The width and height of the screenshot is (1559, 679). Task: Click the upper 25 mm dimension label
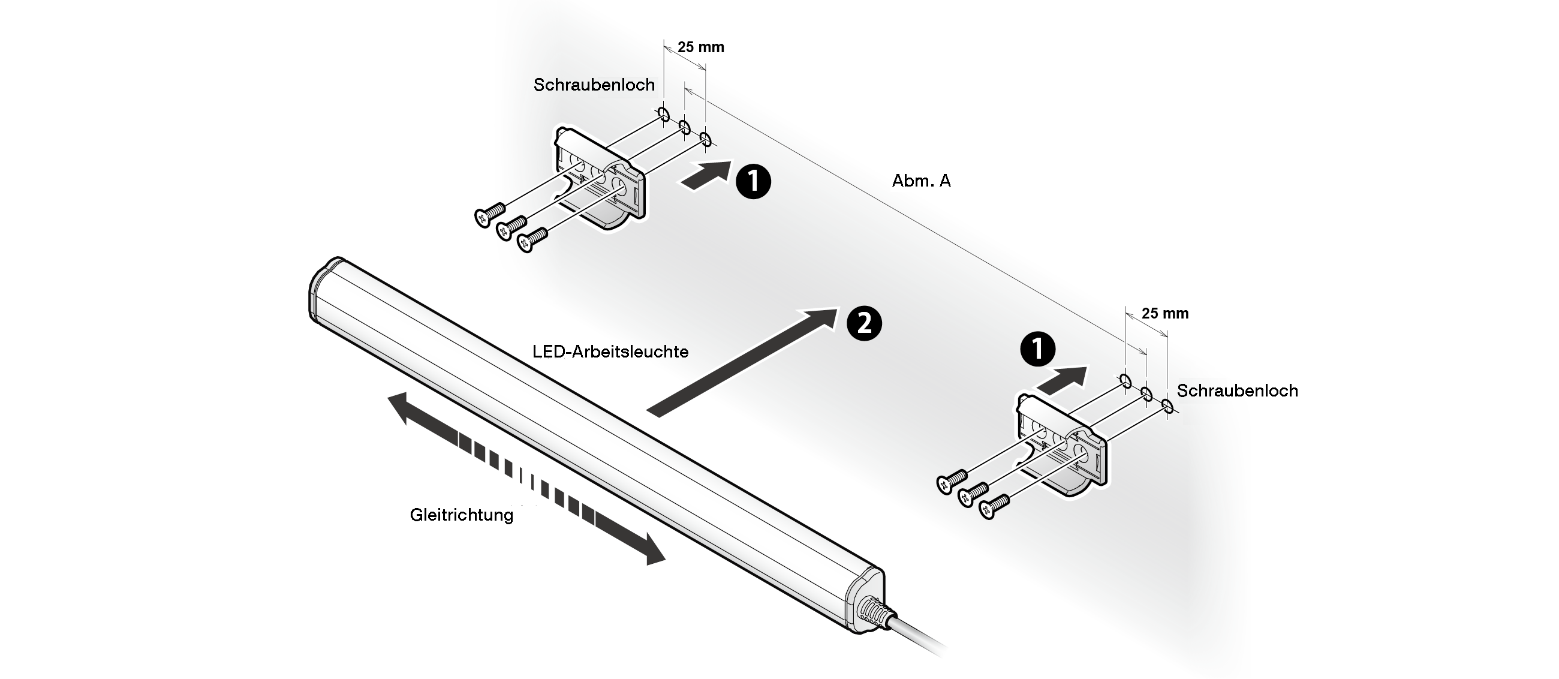point(700,47)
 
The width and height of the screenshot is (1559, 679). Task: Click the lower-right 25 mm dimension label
point(1164,314)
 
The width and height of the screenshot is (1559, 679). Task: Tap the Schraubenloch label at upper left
point(594,85)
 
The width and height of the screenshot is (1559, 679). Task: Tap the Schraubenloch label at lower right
point(1237,391)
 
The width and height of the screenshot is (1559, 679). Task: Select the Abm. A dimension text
point(920,181)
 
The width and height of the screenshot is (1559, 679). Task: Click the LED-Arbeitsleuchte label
point(610,351)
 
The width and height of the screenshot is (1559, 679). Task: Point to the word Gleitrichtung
point(461,515)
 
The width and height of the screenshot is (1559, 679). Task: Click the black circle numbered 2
point(864,324)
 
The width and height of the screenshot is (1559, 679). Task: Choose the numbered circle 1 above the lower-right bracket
point(1037,349)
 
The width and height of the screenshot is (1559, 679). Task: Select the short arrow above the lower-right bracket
point(1061,379)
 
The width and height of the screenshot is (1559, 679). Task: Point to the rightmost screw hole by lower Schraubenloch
point(1167,407)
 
